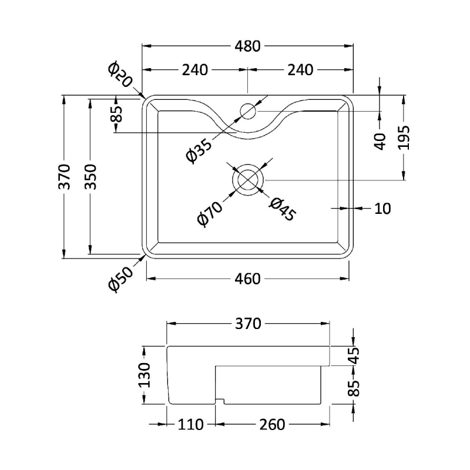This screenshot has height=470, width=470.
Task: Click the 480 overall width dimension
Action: tap(247, 46)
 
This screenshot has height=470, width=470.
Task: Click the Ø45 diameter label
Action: tap(281, 209)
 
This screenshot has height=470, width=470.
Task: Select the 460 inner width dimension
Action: tap(247, 279)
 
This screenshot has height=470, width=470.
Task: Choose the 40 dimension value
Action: tap(380, 140)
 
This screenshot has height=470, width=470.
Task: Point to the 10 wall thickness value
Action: tap(382, 208)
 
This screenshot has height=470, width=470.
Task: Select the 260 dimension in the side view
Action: tap(271, 424)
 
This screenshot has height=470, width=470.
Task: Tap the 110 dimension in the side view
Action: tap(191, 424)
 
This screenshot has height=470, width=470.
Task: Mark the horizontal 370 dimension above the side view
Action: tap(247, 323)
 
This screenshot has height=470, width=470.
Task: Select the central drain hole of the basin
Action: tap(248, 179)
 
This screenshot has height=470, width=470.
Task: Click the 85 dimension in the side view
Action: tap(353, 386)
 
